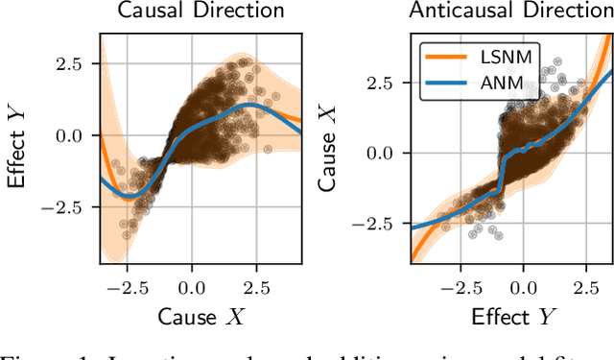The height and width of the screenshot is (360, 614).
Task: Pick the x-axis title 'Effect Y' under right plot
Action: [522, 318]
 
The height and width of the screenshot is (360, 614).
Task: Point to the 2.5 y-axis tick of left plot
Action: [69, 65]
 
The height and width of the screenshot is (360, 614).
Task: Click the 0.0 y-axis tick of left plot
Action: [69, 135]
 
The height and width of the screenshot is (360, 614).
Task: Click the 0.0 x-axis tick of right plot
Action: [523, 286]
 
